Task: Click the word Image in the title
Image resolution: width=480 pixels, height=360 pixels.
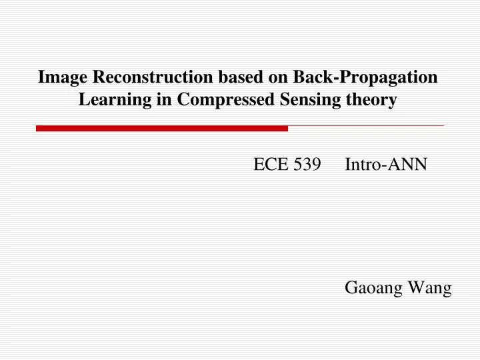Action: pos(63,77)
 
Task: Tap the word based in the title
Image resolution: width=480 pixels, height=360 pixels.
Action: pos(241,77)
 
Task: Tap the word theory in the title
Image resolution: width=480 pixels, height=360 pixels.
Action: pos(374,101)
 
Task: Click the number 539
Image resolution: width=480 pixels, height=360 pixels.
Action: pos(306,165)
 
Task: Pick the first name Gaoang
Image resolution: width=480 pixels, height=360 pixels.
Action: pos(374,289)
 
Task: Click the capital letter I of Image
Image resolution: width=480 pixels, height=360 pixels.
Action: pos(41,77)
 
